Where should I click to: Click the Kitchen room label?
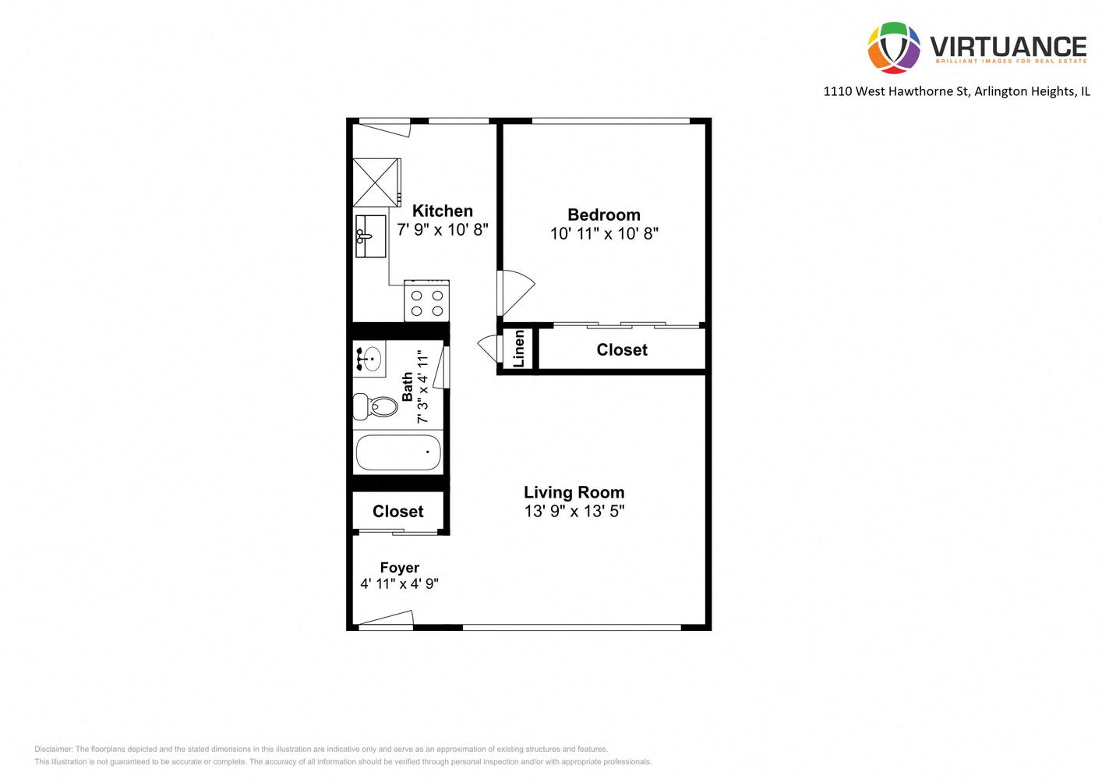pos(442,211)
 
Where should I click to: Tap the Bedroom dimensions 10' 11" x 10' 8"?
pos(604,233)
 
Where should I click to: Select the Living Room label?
pos(574,492)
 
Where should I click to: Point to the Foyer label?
pos(399,568)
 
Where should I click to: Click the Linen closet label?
pos(518,349)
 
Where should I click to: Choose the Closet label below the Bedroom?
pos(621,350)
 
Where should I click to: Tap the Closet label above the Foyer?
pos(397,512)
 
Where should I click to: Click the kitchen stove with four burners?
pos(426,302)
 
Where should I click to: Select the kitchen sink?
pos(370,236)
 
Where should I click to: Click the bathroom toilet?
pos(374,406)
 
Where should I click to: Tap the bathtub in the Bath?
pos(398,452)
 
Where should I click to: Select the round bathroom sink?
pos(370,360)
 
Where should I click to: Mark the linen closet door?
pos(487,346)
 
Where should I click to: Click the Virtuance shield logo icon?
pos(894,48)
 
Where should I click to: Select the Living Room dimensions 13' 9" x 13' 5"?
pos(574,512)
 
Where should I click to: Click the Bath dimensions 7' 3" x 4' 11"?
pos(423,388)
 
